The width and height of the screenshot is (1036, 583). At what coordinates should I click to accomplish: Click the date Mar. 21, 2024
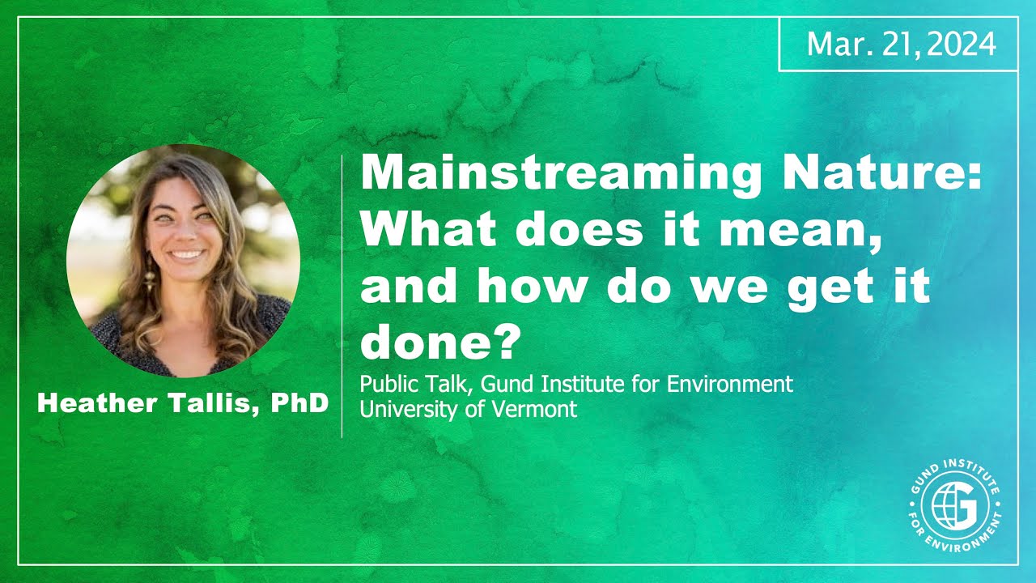901,45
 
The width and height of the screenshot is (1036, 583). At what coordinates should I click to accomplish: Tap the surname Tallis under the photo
210,404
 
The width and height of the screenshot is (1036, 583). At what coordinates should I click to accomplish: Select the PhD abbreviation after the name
299,404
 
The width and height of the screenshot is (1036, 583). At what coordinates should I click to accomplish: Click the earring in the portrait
150,282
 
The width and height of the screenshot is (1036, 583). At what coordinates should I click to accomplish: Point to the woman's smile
188,254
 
